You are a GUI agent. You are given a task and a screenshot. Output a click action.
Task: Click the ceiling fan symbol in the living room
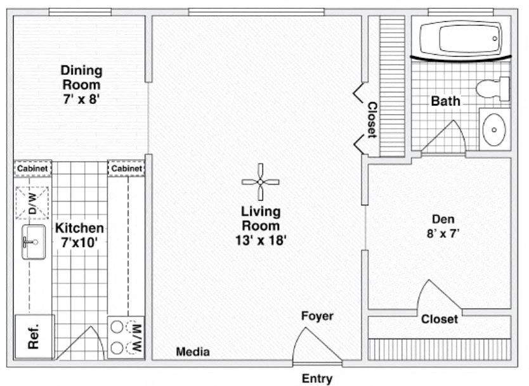point(261,182)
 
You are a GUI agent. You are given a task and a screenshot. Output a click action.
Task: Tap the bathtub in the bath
point(461,39)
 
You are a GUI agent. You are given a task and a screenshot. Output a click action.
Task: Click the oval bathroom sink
point(494,129)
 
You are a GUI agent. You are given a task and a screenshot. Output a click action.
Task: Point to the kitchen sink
point(34,242)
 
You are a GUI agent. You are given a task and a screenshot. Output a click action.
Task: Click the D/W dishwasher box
point(32,203)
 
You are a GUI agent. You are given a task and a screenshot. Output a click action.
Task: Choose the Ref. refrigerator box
point(34,337)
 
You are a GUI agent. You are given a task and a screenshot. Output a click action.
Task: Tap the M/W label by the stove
point(136,337)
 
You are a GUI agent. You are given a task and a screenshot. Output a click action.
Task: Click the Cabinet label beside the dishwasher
point(32,168)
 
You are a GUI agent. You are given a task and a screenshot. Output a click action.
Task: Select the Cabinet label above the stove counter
point(126,168)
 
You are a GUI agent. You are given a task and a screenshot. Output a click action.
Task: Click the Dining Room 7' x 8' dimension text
point(81,99)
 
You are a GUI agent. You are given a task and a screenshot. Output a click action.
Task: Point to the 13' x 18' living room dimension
point(261,240)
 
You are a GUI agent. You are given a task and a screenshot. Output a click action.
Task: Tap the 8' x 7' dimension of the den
point(443,233)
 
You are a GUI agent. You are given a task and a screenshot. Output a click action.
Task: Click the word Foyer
point(317,316)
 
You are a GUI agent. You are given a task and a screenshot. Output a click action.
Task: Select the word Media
point(193,352)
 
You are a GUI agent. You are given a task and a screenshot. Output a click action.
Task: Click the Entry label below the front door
point(317,378)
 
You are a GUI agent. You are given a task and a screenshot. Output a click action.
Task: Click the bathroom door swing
point(443,136)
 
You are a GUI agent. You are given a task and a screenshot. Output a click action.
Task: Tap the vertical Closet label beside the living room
point(372,120)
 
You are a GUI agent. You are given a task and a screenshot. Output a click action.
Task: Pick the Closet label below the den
point(440,319)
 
